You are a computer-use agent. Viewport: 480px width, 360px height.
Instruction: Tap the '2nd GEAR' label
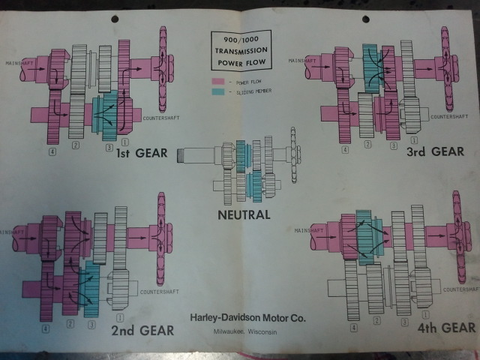click(142, 330)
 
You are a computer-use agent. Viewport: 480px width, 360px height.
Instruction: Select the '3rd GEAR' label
click(436, 151)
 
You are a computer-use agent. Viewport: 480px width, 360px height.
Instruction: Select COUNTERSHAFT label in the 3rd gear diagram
click(450, 116)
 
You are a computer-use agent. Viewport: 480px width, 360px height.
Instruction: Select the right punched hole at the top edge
click(365, 17)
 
